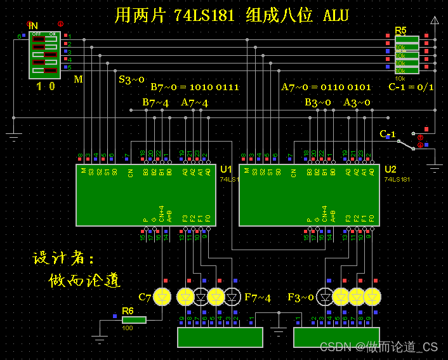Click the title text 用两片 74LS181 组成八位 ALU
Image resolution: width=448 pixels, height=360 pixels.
tap(232, 15)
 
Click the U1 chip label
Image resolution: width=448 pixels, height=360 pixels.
tap(226, 170)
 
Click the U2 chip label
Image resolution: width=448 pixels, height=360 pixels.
tap(390, 170)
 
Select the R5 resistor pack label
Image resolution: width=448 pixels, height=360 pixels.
tap(400, 30)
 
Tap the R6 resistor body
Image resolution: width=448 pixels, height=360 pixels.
tap(134, 319)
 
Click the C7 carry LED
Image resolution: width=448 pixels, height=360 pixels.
tap(163, 296)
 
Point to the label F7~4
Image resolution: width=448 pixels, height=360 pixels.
tap(258, 297)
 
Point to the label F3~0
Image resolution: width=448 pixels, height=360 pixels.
tap(301, 297)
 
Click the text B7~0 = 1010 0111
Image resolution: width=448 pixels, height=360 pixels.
tap(195, 87)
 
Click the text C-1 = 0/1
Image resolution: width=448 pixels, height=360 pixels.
tap(411, 87)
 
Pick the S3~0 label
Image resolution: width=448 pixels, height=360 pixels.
tap(132, 79)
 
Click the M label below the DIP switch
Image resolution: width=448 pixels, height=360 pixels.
tap(78, 79)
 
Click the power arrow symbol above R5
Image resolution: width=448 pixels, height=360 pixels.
tap(435, 20)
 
